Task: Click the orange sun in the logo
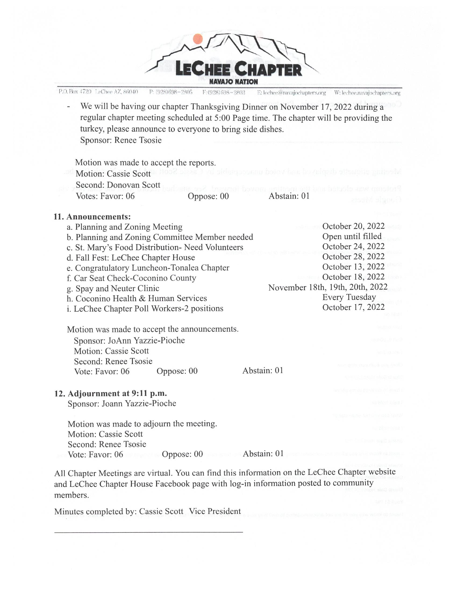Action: coord(198,39)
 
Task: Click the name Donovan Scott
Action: coord(134,185)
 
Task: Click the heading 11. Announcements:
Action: coord(92,217)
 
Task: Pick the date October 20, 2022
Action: coord(353,226)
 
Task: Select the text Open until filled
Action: coord(352,236)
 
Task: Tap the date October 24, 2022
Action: coord(353,247)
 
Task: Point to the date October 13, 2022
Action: coord(353,267)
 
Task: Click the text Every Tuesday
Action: coord(349,297)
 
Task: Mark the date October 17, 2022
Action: coord(353,307)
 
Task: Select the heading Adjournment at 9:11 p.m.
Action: coord(117,393)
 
